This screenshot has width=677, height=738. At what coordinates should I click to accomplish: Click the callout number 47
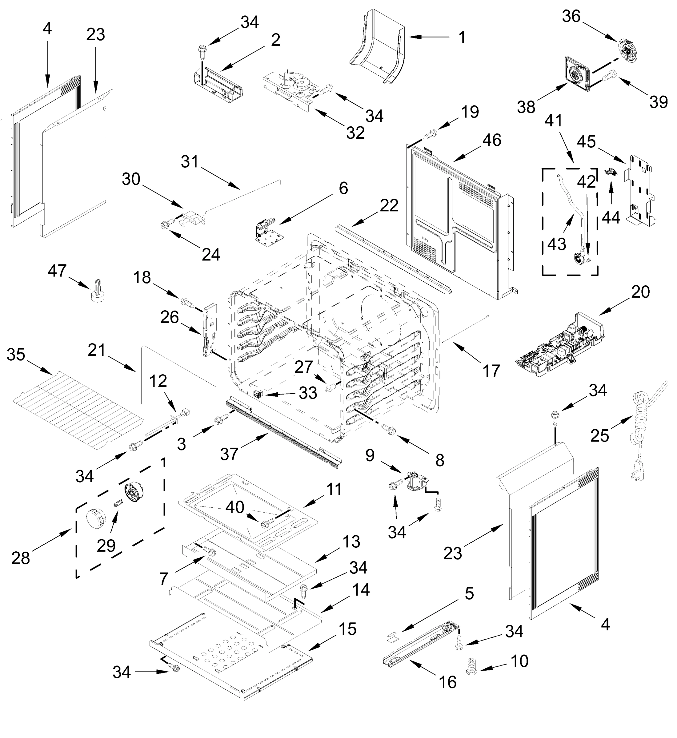57,271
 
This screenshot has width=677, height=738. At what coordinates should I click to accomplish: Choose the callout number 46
492,140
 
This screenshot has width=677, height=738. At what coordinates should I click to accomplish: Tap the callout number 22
389,206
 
